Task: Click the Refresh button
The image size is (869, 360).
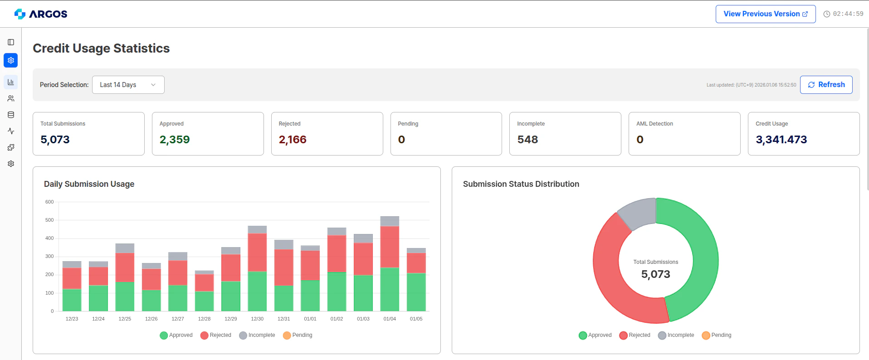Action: click(826, 85)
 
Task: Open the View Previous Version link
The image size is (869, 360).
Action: click(765, 14)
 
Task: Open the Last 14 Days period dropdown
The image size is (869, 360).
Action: click(128, 85)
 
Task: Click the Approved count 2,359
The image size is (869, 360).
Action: click(175, 140)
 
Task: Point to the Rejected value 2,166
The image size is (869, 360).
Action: click(293, 140)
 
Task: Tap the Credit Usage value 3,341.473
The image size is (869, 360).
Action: click(781, 140)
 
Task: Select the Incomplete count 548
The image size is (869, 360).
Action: click(527, 140)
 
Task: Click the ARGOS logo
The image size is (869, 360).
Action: click(41, 14)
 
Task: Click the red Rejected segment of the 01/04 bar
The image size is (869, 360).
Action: click(390, 247)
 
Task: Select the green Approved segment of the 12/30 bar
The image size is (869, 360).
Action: click(257, 291)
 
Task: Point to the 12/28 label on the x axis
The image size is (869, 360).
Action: click(204, 319)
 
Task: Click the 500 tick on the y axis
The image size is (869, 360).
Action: click(49, 220)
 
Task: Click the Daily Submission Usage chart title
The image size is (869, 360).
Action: click(89, 184)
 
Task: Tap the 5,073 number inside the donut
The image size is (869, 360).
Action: click(655, 274)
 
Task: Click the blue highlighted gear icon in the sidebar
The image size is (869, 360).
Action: click(11, 60)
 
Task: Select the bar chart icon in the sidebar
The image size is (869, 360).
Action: click(11, 82)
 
